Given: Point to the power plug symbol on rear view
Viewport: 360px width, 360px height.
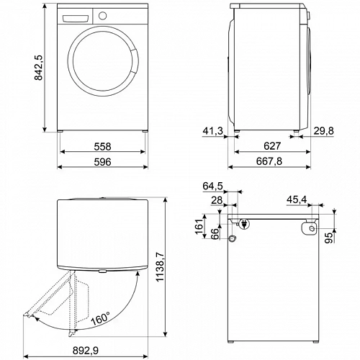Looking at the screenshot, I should pyautogui.click(x=246, y=224).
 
